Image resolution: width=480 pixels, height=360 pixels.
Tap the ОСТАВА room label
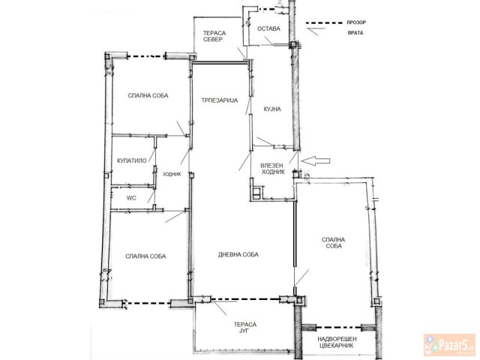tap(268, 29)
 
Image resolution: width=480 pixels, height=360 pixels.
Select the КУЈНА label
tap(271, 109)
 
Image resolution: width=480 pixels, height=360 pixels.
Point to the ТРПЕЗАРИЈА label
tap(218, 100)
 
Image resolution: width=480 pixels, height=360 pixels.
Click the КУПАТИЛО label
tap(131, 160)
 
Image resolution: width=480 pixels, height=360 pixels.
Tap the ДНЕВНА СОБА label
tap(238, 255)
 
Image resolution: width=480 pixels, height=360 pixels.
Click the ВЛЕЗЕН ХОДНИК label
tap(272, 167)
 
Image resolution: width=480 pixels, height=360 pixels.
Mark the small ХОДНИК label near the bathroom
tap(172, 174)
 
